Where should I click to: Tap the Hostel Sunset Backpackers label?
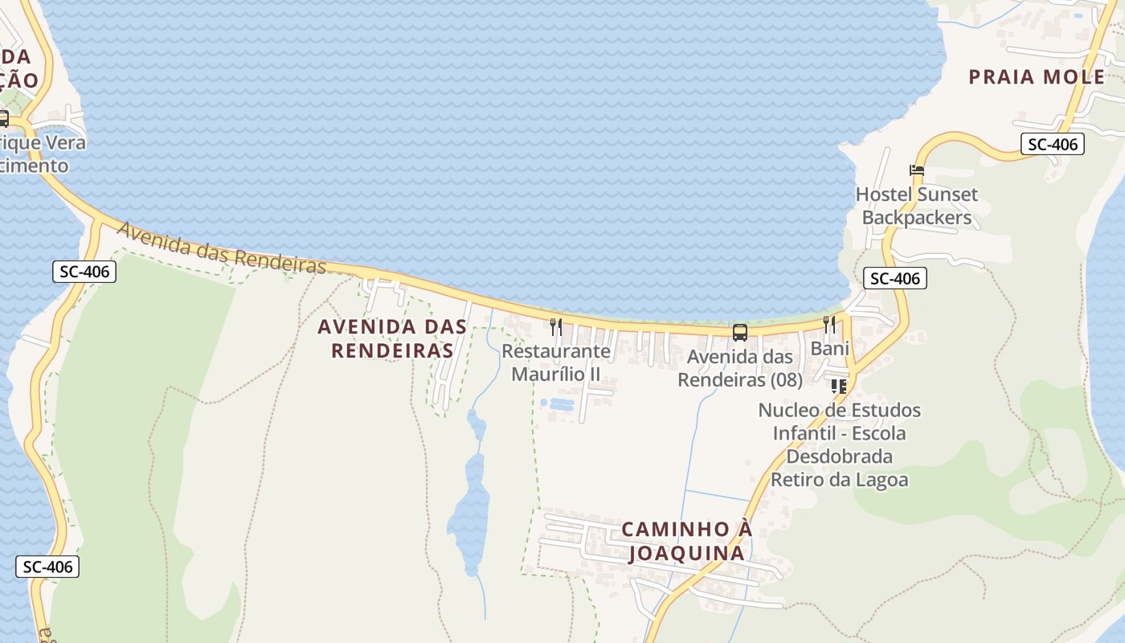click(x=917, y=206)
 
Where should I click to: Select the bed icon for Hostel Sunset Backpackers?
click(x=917, y=170)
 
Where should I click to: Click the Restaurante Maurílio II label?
click(x=556, y=362)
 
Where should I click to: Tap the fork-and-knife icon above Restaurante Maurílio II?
click(x=555, y=326)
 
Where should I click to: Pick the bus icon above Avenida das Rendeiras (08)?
click(x=739, y=332)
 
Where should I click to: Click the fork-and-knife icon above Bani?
click(x=829, y=324)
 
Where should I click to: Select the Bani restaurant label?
click(x=829, y=349)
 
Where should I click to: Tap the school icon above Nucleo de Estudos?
click(x=839, y=387)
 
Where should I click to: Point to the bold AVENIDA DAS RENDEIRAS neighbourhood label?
click(x=392, y=338)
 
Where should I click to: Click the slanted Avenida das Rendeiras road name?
click(x=222, y=248)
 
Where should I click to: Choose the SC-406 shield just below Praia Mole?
click(x=1053, y=145)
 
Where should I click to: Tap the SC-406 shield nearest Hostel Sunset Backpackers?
click(x=895, y=279)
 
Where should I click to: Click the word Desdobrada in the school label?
click(x=839, y=457)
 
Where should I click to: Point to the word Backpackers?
click(x=917, y=218)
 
